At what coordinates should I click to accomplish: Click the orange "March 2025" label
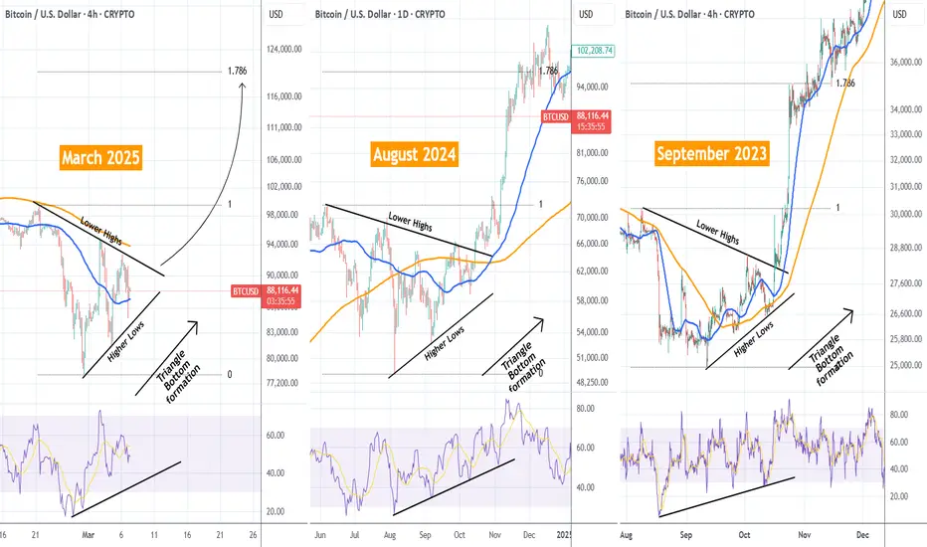(101, 157)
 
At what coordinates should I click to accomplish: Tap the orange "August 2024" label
(415, 154)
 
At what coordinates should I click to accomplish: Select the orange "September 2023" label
(712, 153)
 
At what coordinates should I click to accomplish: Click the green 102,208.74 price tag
(594, 51)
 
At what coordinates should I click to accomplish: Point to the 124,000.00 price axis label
(284, 49)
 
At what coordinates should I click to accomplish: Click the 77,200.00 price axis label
(282, 383)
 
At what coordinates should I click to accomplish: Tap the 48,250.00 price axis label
(593, 382)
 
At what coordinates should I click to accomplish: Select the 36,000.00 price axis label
(906, 62)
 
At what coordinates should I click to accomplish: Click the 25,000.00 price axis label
(906, 365)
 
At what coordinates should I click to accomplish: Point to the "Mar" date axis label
(89, 535)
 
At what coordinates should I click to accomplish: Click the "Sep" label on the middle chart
(425, 535)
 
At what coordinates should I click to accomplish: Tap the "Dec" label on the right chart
(862, 535)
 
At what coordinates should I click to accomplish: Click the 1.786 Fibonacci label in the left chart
(237, 71)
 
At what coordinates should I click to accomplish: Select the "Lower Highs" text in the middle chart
(411, 222)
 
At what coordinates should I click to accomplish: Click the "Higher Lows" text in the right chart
(754, 339)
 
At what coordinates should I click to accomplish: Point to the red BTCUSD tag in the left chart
(246, 291)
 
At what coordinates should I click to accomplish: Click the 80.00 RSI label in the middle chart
(585, 409)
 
